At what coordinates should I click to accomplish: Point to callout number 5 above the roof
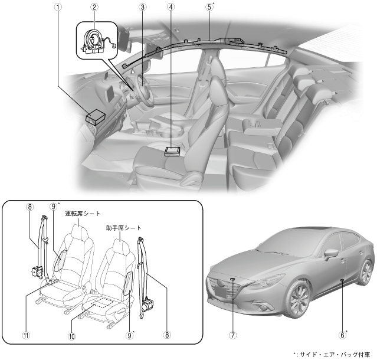(209, 7)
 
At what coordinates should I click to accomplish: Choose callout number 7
(233, 335)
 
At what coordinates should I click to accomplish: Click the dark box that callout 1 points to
(96, 117)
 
